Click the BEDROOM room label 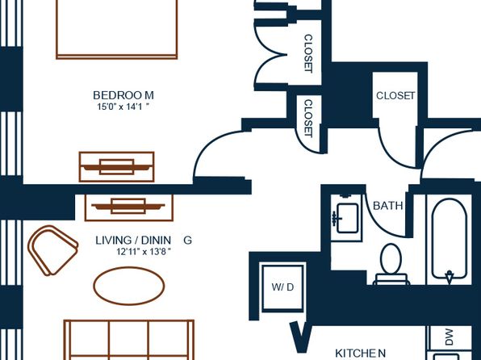(x=123, y=95)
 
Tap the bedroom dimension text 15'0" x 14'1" (x=123, y=107)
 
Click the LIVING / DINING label (x=144, y=240)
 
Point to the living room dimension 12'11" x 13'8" (x=144, y=252)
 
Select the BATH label (x=388, y=206)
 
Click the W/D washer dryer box (x=282, y=287)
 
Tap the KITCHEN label (x=361, y=354)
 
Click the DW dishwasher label (x=449, y=337)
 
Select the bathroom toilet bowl (x=391, y=259)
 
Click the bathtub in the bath (x=450, y=240)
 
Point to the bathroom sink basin (x=348, y=218)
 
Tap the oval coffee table (x=129, y=286)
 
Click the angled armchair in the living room (x=52, y=250)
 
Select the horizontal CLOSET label (x=395, y=96)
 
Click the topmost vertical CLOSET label (x=308, y=53)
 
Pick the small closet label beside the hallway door (x=308, y=119)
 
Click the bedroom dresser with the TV (x=116, y=166)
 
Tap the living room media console (x=129, y=207)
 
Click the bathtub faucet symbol (x=450, y=276)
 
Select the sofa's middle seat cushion (x=129, y=338)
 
